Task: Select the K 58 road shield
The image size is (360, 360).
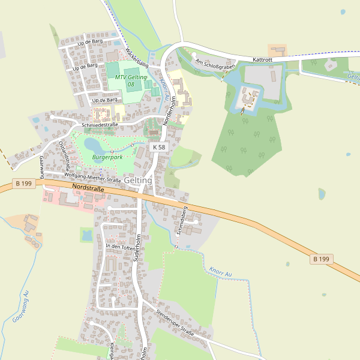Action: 158,147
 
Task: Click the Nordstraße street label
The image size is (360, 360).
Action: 88,188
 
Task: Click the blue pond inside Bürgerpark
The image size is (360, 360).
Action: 93,145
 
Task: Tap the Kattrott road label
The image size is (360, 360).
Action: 263,59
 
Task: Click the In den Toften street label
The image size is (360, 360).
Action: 121,247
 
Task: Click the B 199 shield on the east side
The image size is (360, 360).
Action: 321,259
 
